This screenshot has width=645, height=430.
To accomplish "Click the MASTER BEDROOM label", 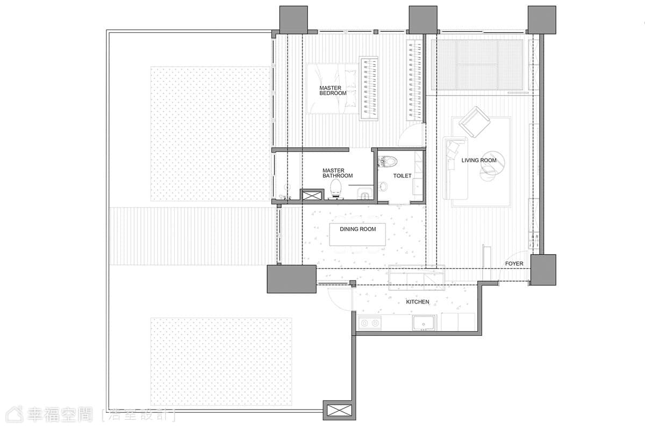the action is tap(333, 90).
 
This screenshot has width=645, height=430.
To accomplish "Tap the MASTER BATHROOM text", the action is tap(338, 173).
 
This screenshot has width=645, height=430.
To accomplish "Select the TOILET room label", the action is tap(402, 176).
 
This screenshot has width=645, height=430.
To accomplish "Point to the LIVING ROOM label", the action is tap(479, 160).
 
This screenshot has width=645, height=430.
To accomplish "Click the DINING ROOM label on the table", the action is tap(357, 230).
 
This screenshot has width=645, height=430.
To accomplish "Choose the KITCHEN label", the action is tap(418, 302).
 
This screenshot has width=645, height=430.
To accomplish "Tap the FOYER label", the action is tap(514, 263).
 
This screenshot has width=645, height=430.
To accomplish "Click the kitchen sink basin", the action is tap(424, 322).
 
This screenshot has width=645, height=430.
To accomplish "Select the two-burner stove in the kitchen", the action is tap(370, 323).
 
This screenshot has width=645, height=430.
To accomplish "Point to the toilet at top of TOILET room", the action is tap(388, 161).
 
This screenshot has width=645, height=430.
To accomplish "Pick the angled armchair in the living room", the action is tap(474, 122).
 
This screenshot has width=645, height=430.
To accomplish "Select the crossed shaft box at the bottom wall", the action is tap(340, 410).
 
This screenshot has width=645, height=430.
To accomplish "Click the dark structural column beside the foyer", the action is tap(543, 270).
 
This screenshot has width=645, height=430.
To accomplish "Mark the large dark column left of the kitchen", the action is tap(292, 279).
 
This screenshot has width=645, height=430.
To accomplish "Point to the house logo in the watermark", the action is tap(15, 414).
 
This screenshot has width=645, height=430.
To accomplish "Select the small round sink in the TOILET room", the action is tap(384, 187).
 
